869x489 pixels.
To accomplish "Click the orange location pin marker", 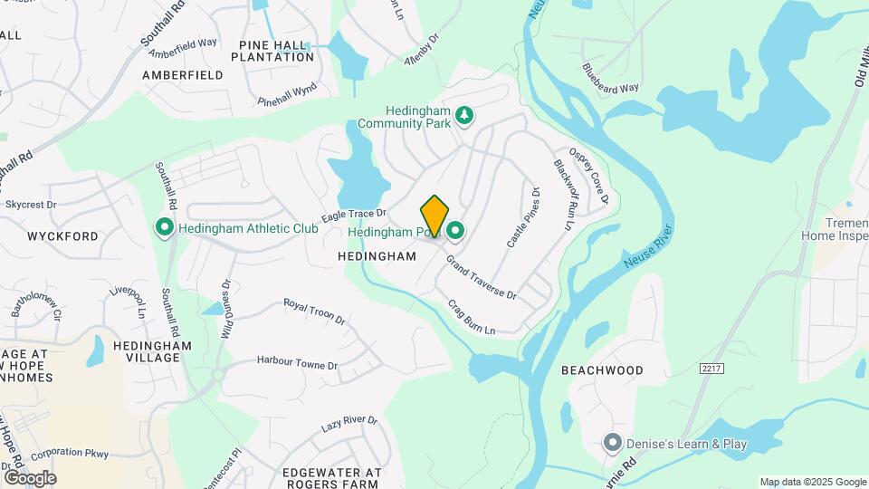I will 434,216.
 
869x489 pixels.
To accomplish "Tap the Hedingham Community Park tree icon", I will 464,115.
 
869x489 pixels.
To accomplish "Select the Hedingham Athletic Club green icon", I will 165,227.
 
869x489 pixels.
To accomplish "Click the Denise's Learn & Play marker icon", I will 612,444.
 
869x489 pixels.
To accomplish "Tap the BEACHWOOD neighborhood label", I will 602,370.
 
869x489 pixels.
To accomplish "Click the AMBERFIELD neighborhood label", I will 182,75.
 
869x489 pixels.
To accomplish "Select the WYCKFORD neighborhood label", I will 62,236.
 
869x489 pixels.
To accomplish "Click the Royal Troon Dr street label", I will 314,312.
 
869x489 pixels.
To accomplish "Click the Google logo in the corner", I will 30,478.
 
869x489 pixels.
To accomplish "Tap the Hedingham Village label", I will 153,351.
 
